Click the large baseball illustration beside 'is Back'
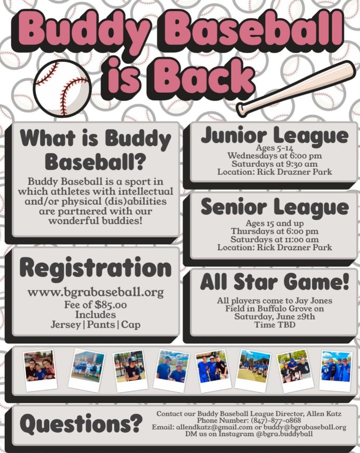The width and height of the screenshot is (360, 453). (62, 88)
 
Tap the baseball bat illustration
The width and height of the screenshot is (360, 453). (296, 88)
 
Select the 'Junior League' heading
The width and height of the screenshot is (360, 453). (274, 136)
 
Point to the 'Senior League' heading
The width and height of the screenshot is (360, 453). (274, 207)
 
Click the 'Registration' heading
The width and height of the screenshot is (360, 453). (95, 269)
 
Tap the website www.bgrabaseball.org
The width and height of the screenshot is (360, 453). (95, 292)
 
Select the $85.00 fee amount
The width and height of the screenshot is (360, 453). (110, 305)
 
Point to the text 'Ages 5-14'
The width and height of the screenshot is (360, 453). (274, 148)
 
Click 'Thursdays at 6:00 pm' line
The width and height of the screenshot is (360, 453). (274, 231)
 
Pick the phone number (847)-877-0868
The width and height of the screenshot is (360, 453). (276, 420)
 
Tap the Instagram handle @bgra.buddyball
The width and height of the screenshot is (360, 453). (284, 434)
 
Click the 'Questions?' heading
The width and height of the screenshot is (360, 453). (81, 424)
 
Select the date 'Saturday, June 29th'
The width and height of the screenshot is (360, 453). (274, 317)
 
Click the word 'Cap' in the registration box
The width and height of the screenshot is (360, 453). (131, 324)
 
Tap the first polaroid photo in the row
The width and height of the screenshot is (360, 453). (40, 370)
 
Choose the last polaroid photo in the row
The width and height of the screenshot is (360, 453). (336, 371)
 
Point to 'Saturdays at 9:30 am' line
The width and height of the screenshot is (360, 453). (274, 164)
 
